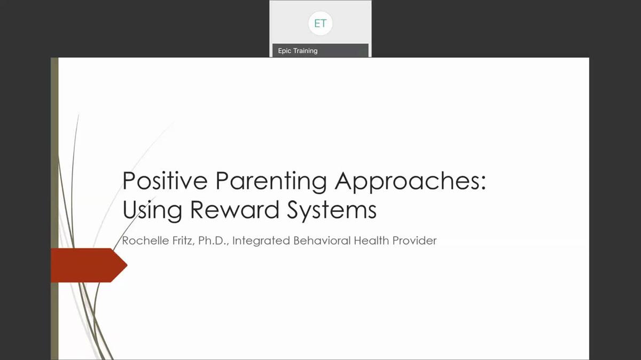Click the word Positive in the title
click(165, 181)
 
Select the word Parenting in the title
click(271, 182)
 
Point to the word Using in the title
click(152, 211)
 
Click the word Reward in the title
click(234, 209)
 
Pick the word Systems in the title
click(332, 210)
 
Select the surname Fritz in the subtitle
click(183, 241)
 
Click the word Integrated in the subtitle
click(261, 241)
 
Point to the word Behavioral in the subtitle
click(322, 241)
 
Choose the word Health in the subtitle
click(371, 241)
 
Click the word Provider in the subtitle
click(415, 241)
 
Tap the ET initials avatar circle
click(320, 23)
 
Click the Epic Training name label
click(298, 51)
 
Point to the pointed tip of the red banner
click(127, 265)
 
